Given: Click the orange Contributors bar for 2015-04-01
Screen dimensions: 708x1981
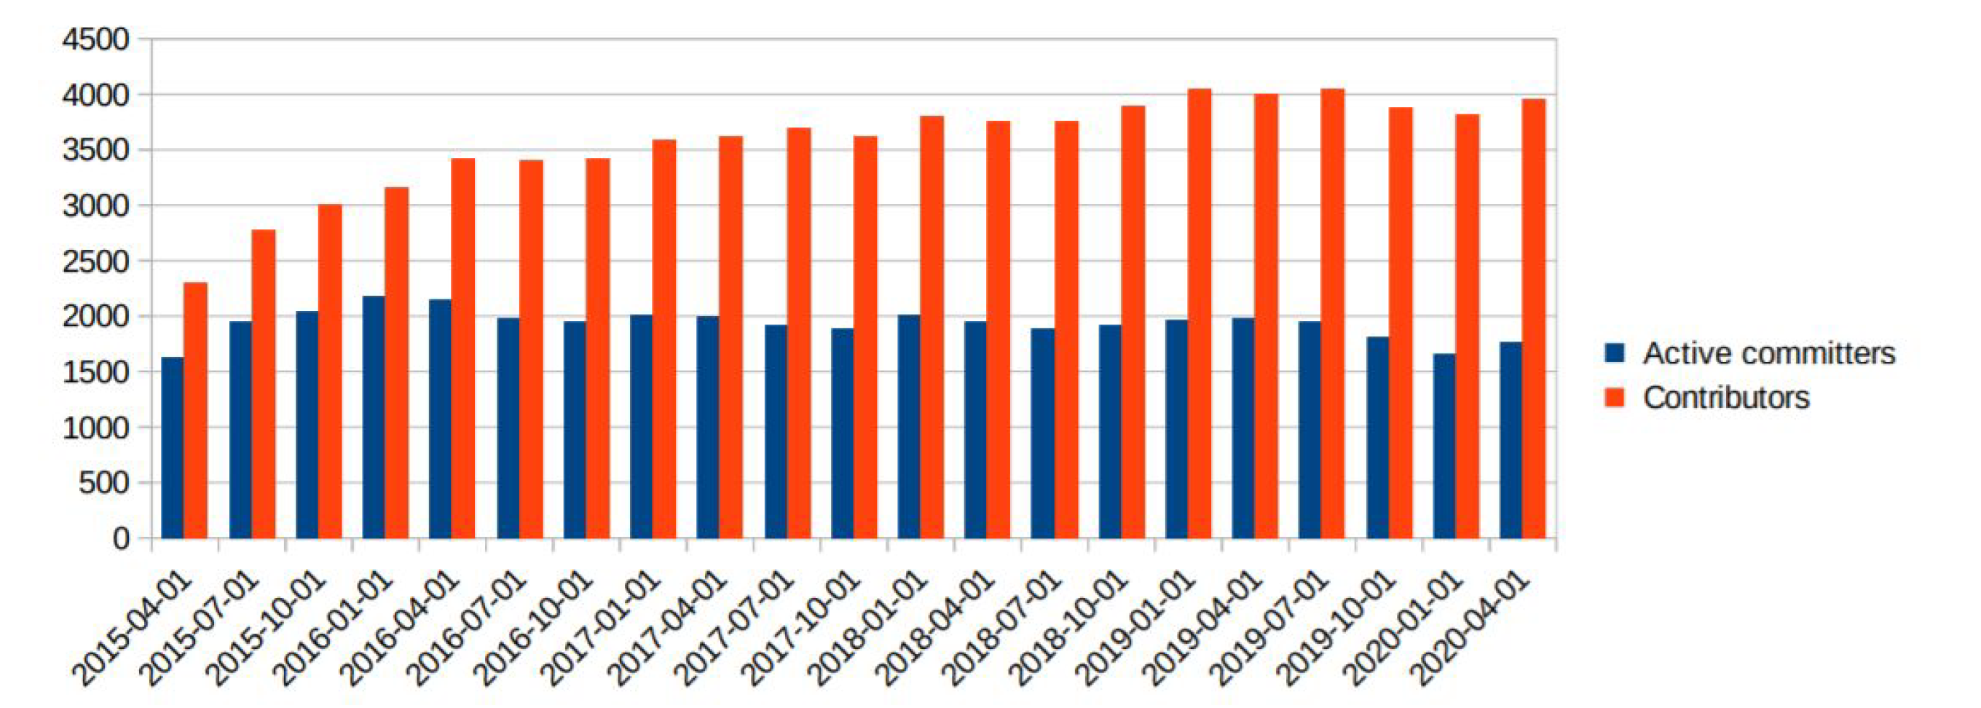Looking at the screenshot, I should [x=195, y=411].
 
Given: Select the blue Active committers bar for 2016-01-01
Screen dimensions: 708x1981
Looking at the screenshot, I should [x=374, y=417].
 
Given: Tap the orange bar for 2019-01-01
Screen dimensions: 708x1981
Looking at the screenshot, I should [x=1200, y=314].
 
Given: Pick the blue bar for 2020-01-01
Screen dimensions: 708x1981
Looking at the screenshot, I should [x=1444, y=446].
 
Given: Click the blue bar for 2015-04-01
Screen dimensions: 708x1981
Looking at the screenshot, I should [x=173, y=447].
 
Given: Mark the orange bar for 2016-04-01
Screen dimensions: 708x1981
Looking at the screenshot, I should [x=463, y=348].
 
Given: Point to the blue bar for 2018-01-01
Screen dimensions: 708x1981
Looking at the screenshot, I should [x=909, y=427].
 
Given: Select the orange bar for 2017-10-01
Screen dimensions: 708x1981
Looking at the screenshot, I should [x=865, y=337].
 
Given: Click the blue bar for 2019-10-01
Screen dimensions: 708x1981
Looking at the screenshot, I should [x=1377, y=438].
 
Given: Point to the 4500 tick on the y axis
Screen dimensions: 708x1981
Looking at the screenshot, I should [x=96, y=39].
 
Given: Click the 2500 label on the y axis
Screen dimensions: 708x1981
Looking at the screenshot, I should [x=96, y=261].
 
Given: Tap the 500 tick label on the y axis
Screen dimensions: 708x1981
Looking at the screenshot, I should [x=104, y=483].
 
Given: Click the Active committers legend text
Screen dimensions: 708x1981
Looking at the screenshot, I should [x=1769, y=353].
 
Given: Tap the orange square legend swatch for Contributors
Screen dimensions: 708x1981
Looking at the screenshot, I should [x=1615, y=398].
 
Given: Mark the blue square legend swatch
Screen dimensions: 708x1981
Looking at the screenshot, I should [x=1615, y=353].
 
